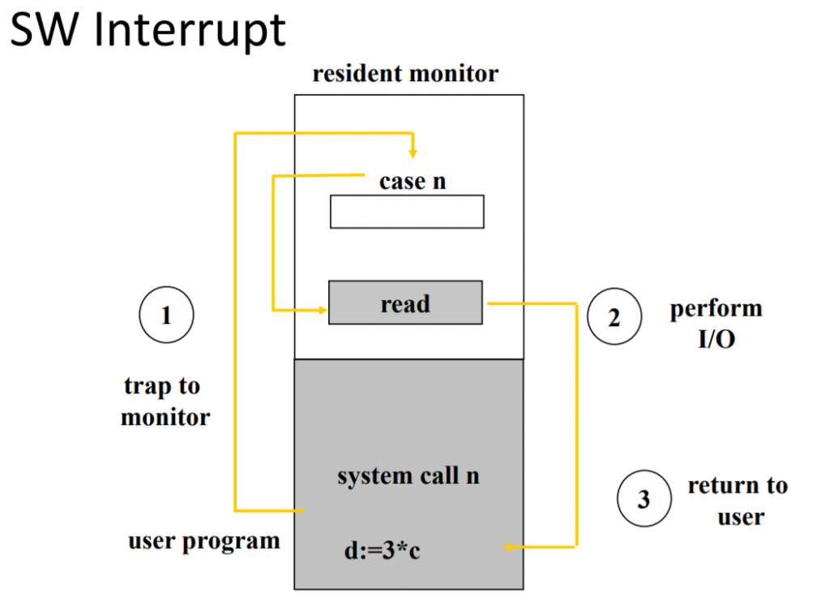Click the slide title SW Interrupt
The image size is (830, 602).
tap(148, 30)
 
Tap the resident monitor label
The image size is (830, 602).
tap(405, 75)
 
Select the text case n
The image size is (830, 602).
tap(413, 181)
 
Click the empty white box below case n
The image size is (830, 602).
tap(407, 212)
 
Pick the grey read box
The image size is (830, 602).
tap(405, 303)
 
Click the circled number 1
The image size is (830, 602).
tap(166, 316)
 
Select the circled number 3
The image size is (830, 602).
tap(644, 498)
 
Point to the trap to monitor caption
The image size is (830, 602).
tap(165, 402)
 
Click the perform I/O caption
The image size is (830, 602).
tap(716, 323)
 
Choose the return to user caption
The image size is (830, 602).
tap(738, 501)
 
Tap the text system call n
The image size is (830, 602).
tap(409, 475)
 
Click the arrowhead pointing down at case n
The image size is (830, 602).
tap(413, 153)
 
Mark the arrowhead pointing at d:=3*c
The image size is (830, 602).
tap(509, 547)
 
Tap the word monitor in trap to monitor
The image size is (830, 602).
tap(165, 417)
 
